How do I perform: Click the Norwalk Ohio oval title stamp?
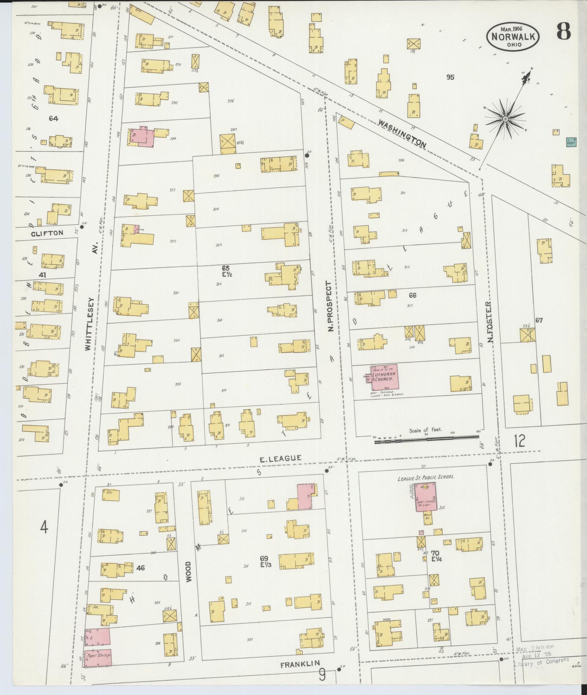(x=513, y=36)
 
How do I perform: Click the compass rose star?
(x=506, y=119)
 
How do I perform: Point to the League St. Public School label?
(x=426, y=477)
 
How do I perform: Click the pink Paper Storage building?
(x=98, y=655)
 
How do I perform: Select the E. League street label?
(x=281, y=458)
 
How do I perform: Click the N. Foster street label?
(x=489, y=322)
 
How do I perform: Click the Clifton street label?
(x=47, y=233)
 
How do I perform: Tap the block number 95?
(x=450, y=77)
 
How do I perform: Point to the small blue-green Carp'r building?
(x=571, y=142)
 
